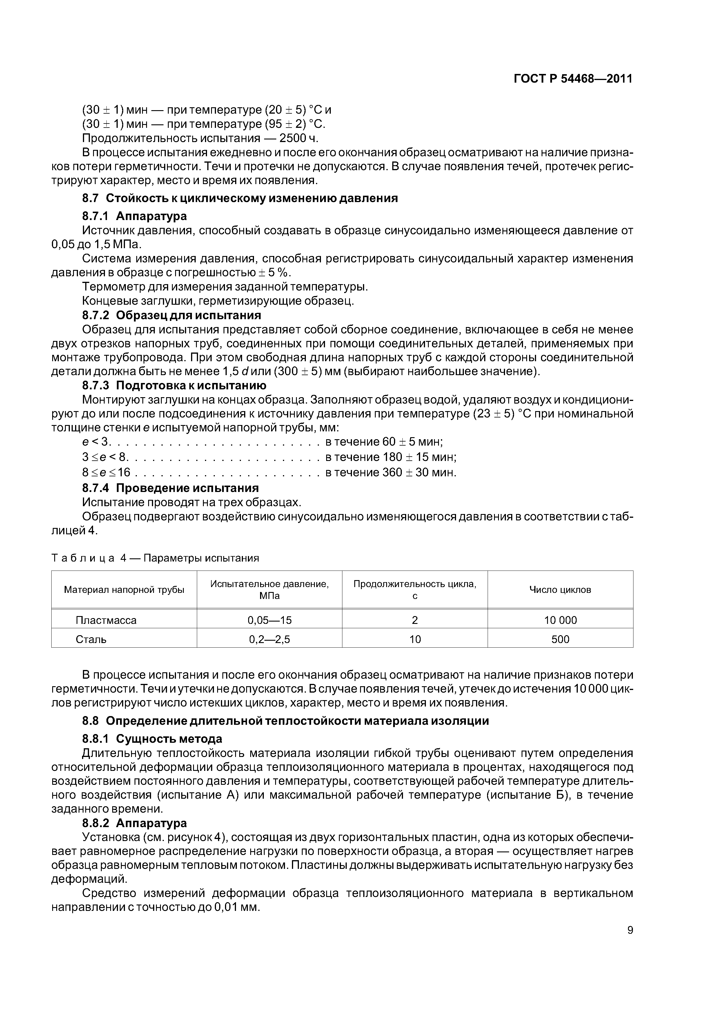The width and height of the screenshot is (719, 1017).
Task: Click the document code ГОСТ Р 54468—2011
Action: coord(573,79)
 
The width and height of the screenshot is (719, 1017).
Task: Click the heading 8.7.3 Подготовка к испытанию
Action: coord(174,385)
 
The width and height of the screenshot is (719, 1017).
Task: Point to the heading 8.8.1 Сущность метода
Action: coord(152,739)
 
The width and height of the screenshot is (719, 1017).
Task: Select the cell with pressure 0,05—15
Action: coord(269,620)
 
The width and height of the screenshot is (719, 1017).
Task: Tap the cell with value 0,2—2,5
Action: coord(269,639)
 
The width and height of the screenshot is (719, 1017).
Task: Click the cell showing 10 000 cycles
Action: coord(560,620)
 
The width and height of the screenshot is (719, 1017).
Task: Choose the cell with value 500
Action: coord(560,639)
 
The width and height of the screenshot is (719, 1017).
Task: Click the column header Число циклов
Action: coord(560,590)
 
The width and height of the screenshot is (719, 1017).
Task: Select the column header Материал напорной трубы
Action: coord(124,590)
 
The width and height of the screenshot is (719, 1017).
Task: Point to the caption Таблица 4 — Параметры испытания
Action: coord(155,558)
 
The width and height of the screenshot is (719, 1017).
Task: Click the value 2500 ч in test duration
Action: coord(299,138)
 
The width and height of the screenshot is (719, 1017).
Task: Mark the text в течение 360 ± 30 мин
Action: coord(391,472)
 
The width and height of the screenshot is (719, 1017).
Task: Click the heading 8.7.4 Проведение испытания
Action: coord(170,488)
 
